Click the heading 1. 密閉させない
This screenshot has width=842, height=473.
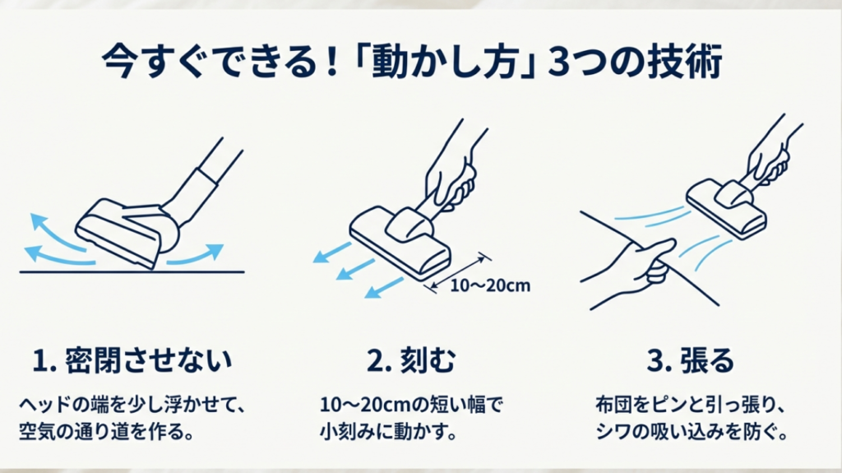133,360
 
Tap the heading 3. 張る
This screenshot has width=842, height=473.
691,360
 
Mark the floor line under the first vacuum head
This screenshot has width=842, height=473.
132,271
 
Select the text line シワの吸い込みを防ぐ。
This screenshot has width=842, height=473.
691,431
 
